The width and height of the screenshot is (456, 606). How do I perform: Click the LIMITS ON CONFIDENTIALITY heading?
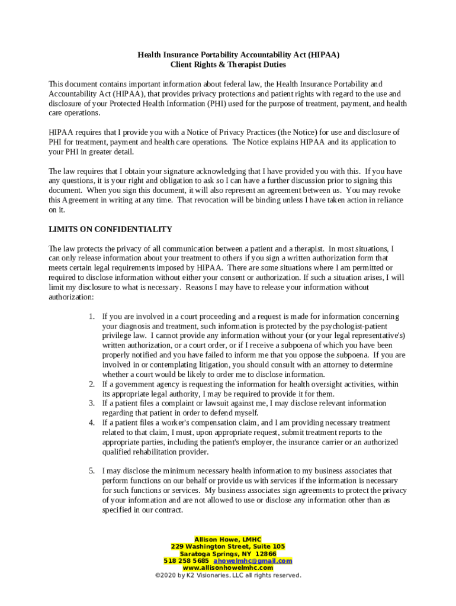110,229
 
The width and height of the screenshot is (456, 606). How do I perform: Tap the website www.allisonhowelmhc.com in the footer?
228,568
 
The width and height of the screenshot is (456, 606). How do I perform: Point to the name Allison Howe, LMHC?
228,539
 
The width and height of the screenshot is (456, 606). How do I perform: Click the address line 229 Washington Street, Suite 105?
228,546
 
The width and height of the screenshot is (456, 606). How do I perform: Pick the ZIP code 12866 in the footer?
265,553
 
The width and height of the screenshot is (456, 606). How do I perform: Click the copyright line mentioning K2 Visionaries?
228,575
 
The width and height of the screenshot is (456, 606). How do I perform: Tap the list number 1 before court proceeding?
92,317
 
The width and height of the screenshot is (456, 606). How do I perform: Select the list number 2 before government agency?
92,384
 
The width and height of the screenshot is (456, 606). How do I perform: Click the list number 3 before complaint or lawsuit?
92,403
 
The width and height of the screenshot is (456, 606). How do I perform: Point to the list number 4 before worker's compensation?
92,423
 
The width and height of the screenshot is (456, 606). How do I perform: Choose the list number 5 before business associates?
92,471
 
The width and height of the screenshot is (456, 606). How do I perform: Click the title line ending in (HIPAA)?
239,54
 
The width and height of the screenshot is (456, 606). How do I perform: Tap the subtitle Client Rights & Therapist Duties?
228,64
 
